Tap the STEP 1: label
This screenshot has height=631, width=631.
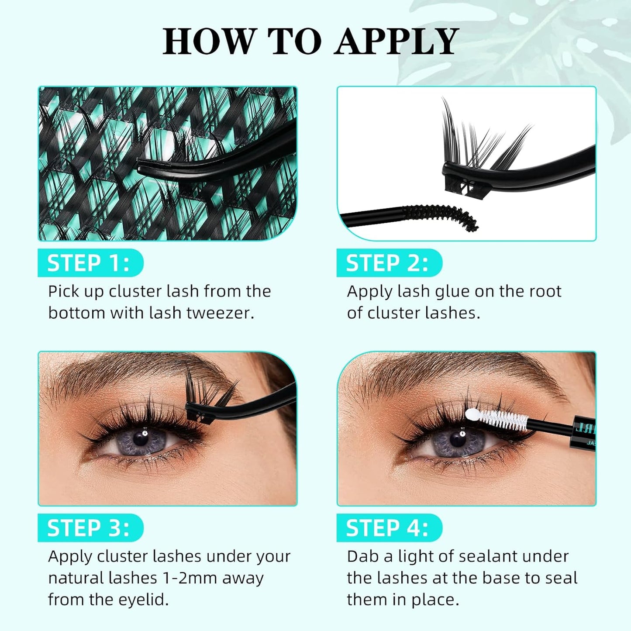tap(89, 263)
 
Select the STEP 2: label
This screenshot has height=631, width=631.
tap(387, 263)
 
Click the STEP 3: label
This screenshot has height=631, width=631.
tap(89, 528)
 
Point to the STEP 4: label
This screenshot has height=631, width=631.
tap(387, 528)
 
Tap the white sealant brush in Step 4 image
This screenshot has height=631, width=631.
tap(498, 419)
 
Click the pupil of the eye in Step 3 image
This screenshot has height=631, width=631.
tap(141, 438)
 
